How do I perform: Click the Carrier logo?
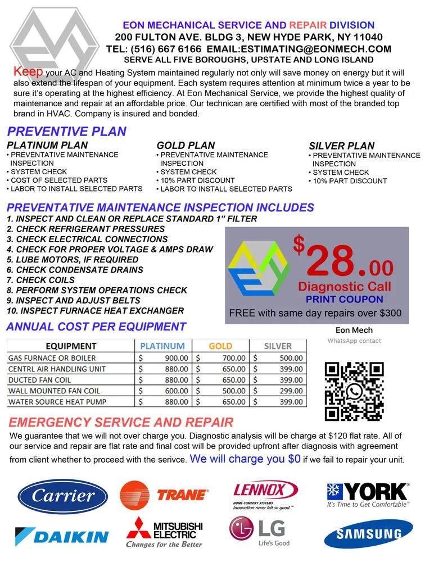pos(62,496)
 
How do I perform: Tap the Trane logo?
pos(164,495)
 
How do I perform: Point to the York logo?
pos(368,495)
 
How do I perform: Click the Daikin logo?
pos(62,535)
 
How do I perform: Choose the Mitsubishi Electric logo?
pos(164,532)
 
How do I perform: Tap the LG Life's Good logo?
pos(260,532)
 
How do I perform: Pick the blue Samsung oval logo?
pos(368,533)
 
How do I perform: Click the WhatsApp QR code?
pos(354,391)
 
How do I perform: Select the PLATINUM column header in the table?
pos(162,346)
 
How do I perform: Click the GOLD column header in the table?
pos(220,346)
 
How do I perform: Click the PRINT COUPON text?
pos(344,300)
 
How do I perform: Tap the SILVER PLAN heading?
pos(341,146)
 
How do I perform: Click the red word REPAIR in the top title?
pos(309,25)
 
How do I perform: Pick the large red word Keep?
pos(28,72)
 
